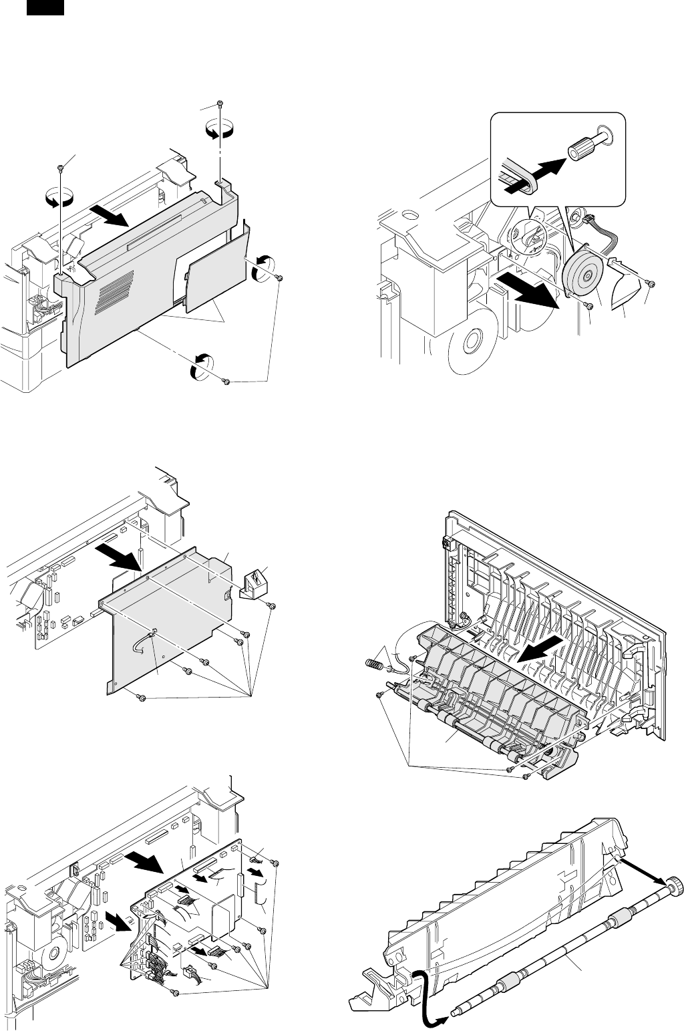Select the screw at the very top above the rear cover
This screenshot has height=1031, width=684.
220,104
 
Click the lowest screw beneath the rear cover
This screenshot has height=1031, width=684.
226,381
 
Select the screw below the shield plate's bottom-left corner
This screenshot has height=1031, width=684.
140,698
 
